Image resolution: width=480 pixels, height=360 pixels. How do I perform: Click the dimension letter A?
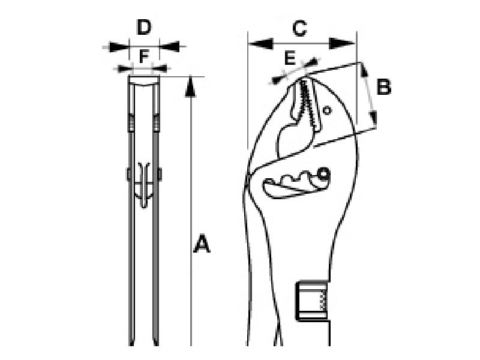pos(202,244)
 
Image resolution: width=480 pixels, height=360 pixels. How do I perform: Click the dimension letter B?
pos(384,86)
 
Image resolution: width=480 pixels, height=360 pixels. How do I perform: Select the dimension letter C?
pos(299,28)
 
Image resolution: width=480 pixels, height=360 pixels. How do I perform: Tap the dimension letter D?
pos(144,27)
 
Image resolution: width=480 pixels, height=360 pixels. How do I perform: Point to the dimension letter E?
pos(290,58)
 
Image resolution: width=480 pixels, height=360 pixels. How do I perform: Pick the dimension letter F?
pos(143,56)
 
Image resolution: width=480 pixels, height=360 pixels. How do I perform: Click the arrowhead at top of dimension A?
pos(190,87)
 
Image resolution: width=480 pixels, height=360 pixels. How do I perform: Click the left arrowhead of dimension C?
pos(260,44)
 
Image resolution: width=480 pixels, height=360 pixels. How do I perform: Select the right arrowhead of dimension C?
pos(341,43)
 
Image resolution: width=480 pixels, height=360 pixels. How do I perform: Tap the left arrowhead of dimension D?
pos(119,47)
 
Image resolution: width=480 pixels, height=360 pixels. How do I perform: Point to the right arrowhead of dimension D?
pos(169,47)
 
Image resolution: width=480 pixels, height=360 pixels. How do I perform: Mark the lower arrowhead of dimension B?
pos(373,119)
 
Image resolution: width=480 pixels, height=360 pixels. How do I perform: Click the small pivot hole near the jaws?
pos(327,110)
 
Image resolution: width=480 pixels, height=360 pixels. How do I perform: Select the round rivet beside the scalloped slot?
pos(323,174)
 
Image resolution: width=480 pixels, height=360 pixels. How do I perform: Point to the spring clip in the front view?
pos(144,185)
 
